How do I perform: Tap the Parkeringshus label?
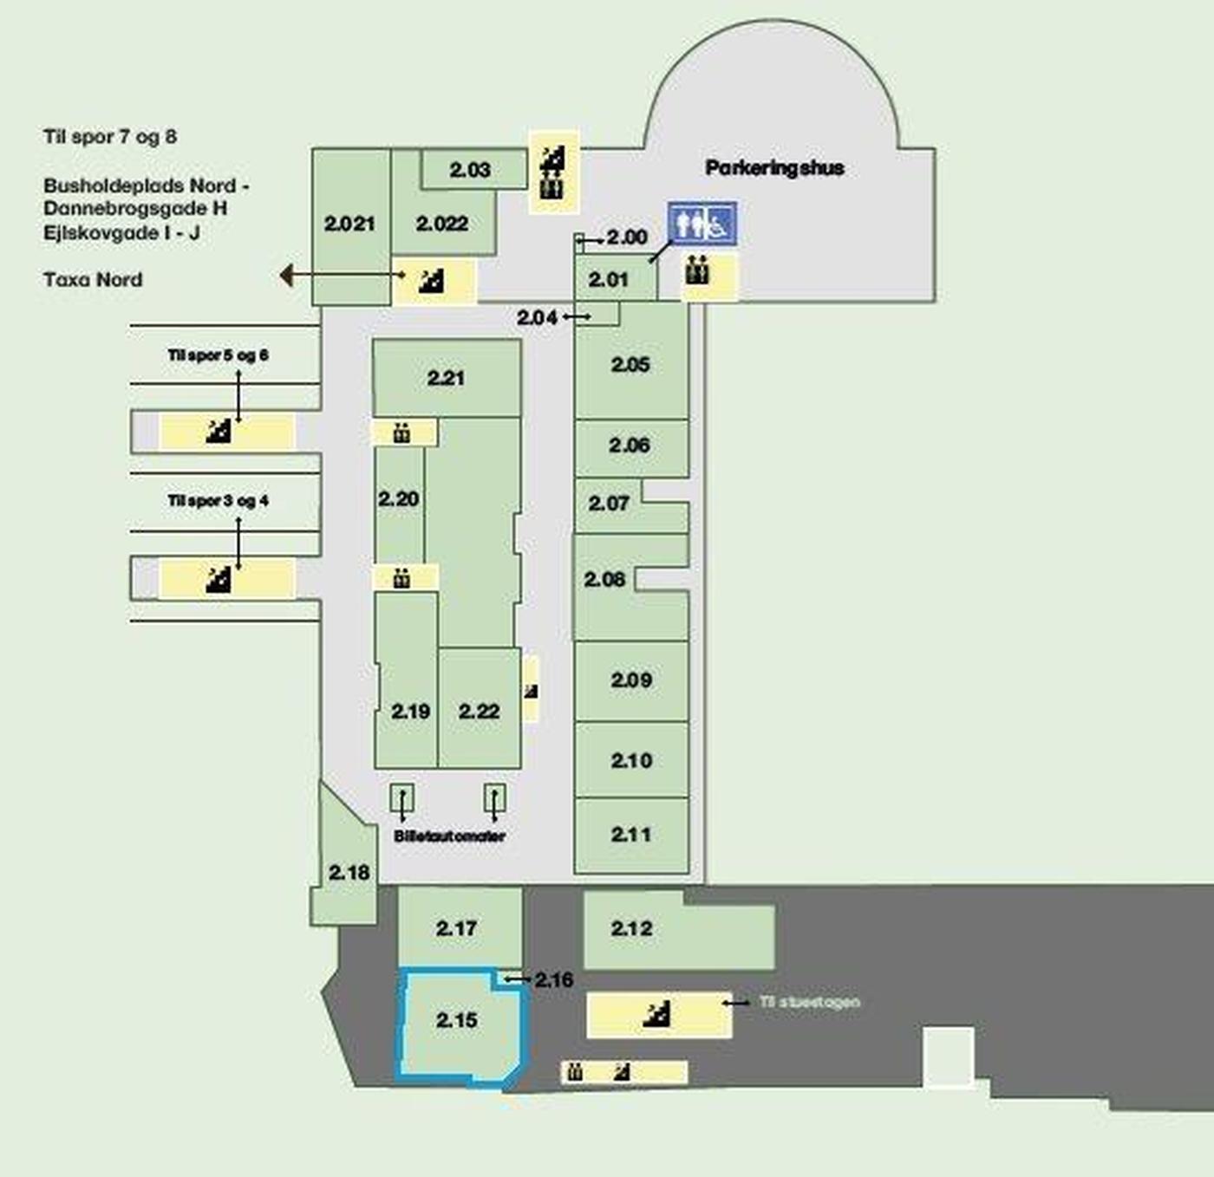click(x=774, y=168)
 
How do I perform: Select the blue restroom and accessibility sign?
click(x=702, y=224)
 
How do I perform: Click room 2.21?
click(x=446, y=378)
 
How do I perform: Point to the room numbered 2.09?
click(x=631, y=680)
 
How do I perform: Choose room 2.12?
click(x=631, y=929)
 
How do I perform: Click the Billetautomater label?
click(x=449, y=836)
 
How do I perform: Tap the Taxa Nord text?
click(x=93, y=279)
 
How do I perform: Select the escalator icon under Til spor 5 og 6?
click(x=219, y=431)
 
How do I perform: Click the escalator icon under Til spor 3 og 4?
click(x=219, y=579)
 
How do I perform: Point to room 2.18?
click(x=349, y=873)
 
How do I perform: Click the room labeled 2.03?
click(x=470, y=170)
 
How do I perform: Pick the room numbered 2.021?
click(x=349, y=224)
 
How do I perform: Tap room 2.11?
click(x=631, y=835)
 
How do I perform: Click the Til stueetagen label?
click(x=810, y=1002)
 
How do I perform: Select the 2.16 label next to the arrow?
click(x=554, y=980)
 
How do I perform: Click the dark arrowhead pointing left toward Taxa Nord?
click(x=286, y=276)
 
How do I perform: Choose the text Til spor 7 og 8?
click(x=110, y=136)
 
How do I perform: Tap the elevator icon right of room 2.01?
click(x=697, y=271)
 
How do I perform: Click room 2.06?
click(x=630, y=445)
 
